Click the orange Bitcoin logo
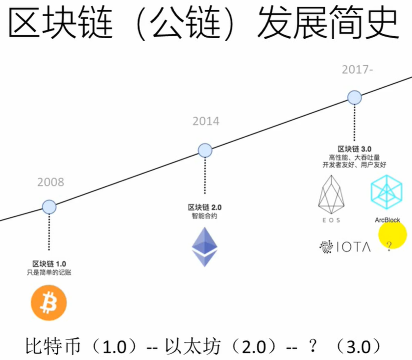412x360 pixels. (x=48, y=303)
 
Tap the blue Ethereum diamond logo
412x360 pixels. (x=204, y=247)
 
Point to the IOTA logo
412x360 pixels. (x=345, y=247)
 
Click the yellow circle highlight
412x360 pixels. (x=392, y=235)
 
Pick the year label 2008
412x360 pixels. (x=50, y=182)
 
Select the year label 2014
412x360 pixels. (x=206, y=121)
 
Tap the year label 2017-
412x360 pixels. (x=358, y=70)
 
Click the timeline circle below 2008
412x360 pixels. (x=49, y=207)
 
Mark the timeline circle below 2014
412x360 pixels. (x=205, y=151)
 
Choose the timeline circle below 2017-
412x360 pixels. (x=355, y=97)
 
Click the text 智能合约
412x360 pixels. (x=204, y=216)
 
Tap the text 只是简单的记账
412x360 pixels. (x=49, y=272)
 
